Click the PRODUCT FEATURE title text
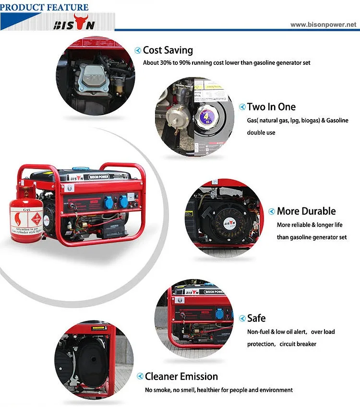(x=45, y=7)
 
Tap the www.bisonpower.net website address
(x=324, y=24)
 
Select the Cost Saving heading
(x=168, y=50)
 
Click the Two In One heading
(x=271, y=107)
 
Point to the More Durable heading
(x=306, y=211)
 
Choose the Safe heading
(x=256, y=318)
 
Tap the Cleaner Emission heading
(x=181, y=377)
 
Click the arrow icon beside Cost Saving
(x=138, y=50)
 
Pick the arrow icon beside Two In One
(x=242, y=107)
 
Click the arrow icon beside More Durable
(x=272, y=211)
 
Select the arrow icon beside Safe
(x=242, y=318)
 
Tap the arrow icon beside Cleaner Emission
(x=140, y=377)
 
